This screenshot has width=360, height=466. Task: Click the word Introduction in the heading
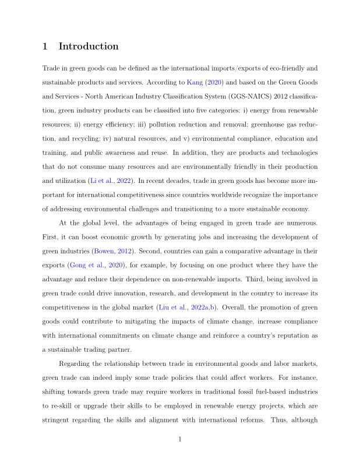pos(89,47)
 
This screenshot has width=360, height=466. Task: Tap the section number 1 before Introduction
pos(46,47)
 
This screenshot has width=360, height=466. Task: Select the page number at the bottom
pos(180,440)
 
